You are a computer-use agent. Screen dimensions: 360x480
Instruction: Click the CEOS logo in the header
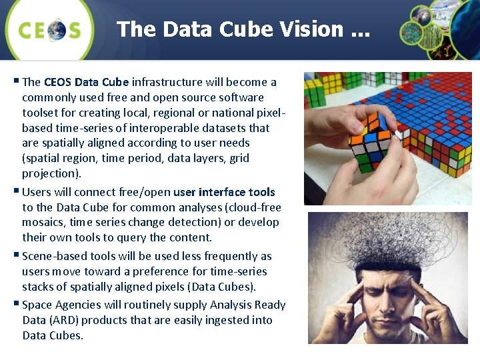(49, 29)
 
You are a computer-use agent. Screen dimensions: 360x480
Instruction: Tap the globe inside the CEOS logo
(56, 30)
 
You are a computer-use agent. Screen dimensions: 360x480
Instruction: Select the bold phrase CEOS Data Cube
(86, 82)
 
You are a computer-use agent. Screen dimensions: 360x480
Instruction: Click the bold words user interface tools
(224, 192)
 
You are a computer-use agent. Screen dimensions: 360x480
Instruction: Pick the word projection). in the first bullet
(51, 173)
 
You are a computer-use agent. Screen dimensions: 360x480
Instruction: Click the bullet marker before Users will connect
(17, 192)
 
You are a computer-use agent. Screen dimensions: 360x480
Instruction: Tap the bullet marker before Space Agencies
(17, 305)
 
